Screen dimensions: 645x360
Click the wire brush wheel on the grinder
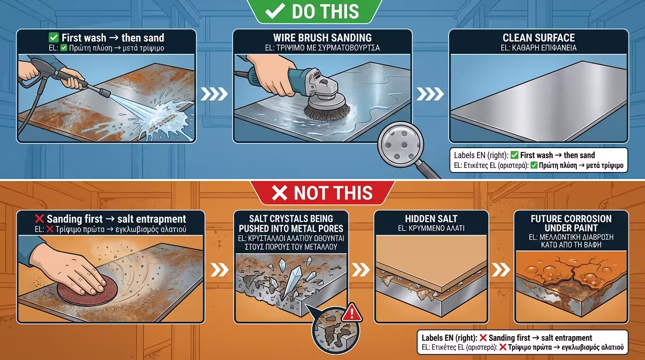(x=327, y=109)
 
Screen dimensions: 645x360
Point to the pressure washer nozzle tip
(x=105, y=93)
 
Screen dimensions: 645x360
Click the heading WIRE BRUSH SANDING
(x=322, y=37)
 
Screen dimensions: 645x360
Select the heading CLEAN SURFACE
(x=539, y=37)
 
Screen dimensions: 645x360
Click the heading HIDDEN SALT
(x=431, y=218)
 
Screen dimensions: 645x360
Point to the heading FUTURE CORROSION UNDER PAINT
(x=571, y=223)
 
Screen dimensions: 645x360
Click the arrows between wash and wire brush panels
(x=214, y=94)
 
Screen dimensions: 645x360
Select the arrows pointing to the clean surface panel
(x=430, y=94)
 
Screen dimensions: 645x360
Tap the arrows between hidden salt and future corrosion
(x=501, y=270)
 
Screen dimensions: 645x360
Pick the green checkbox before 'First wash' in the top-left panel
(x=53, y=37)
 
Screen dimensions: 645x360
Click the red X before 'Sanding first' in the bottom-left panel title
(x=39, y=219)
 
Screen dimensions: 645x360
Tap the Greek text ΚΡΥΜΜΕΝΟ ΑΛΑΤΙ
(x=436, y=228)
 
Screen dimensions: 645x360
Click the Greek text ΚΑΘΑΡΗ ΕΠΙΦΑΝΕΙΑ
(x=544, y=48)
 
